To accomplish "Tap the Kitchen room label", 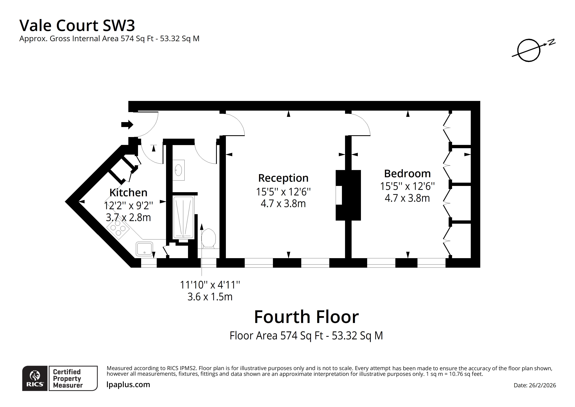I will [129, 193].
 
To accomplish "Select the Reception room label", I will [283, 178].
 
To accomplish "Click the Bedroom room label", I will [407, 173].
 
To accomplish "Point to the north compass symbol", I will [529, 50].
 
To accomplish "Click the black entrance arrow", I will [127, 124].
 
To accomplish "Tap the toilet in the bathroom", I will [209, 238].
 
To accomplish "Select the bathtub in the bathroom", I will [183, 217].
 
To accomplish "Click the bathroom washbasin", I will [178, 170].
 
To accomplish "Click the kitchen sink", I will [144, 249].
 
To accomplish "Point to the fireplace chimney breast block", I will [348, 195].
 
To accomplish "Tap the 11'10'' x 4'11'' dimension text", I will [210, 285].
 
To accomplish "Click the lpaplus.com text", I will [128, 384].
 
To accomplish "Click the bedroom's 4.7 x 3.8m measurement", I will [407, 198].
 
